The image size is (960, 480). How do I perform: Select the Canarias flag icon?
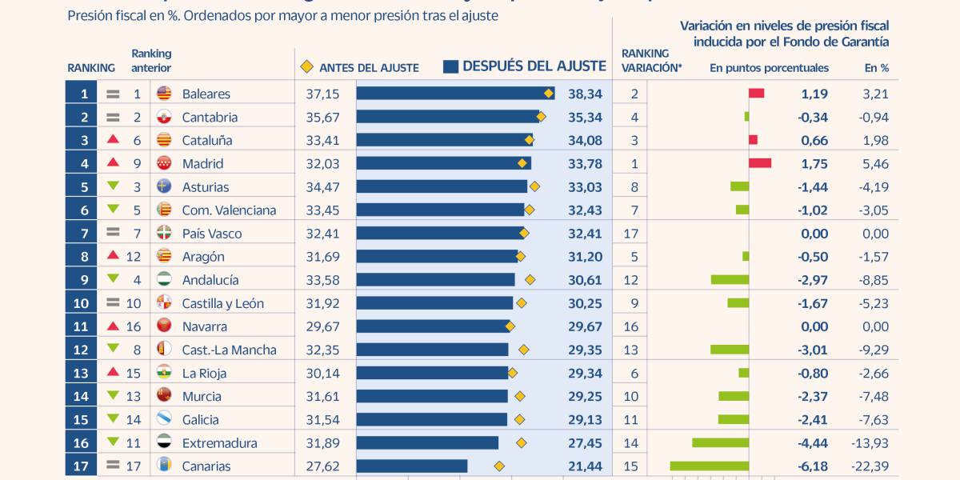pos(164,466)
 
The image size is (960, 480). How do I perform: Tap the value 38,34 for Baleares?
pos(585,94)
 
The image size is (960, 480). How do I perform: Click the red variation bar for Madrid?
pos(760,163)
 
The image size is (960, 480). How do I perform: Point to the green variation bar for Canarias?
pos(709,466)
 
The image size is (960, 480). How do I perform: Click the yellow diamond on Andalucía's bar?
pos(530,280)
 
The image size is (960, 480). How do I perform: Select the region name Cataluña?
pos(207,140)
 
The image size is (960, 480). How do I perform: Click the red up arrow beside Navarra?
pos(113,326)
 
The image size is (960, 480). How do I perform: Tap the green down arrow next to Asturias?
pos(113,186)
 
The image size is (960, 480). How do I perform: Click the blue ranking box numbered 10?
pos(82,303)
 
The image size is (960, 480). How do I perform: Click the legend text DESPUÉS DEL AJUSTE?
pos(534,66)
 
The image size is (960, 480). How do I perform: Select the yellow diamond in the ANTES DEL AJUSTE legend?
pos(306,67)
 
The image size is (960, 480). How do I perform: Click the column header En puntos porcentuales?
pos(769,68)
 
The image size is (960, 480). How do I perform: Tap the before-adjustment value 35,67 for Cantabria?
pos(323,117)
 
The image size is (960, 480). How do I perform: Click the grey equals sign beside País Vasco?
pos(113,233)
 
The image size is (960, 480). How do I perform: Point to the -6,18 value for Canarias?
pos(814,466)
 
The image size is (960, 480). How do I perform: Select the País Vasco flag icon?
pos(164,233)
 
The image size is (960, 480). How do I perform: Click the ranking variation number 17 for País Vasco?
pos(631,233)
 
